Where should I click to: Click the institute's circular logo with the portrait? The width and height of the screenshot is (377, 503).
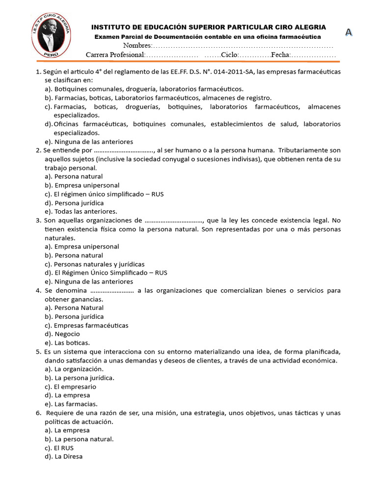52,33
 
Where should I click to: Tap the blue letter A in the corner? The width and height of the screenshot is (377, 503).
349,32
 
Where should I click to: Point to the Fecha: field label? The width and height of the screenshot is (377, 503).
280,55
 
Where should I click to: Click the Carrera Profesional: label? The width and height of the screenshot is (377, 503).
115,55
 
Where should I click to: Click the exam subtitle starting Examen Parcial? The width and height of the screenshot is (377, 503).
207,37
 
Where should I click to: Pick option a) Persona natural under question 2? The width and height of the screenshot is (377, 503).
74,176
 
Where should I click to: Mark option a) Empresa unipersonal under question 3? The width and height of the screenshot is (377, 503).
81,247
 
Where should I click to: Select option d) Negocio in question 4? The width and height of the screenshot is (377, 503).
62,334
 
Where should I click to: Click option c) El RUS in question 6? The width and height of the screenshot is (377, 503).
59,448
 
